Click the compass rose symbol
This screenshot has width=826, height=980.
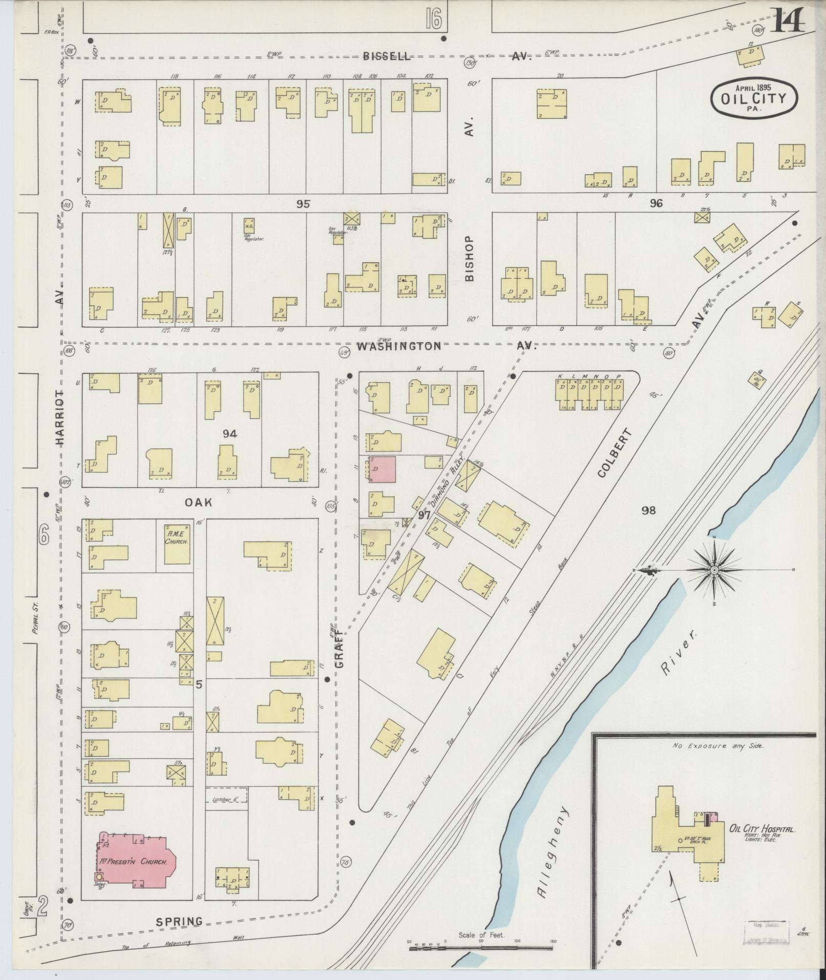click(713, 570)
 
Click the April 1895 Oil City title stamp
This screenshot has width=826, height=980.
click(754, 97)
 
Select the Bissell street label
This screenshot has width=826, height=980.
click(386, 56)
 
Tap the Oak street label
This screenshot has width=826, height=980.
click(198, 503)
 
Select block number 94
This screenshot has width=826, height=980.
click(230, 434)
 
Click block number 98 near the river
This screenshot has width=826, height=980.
click(648, 510)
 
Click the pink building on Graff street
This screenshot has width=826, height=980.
click(382, 469)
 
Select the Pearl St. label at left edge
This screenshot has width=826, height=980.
click(36, 619)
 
